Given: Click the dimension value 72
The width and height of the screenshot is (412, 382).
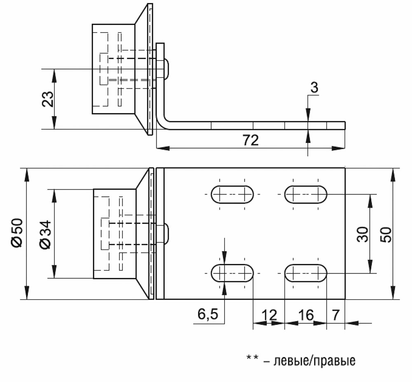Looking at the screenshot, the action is coord(250,140).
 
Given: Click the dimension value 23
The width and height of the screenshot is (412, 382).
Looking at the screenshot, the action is coord(48,99).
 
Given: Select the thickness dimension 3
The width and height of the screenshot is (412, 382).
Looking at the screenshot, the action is coord(314,87).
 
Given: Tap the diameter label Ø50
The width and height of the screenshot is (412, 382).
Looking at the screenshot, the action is coord(17,233).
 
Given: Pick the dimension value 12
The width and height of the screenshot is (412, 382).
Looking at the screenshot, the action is coord(269,315).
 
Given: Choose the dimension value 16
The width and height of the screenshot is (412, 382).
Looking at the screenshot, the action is coord(306,315).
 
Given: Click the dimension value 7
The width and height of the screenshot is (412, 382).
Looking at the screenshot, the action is coord(336,315).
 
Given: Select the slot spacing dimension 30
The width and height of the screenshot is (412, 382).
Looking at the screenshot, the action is coord(363,234).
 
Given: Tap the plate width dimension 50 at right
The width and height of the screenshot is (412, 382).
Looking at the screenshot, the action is coord(386,234).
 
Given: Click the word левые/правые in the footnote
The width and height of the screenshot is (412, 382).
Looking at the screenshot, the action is coord(314,361).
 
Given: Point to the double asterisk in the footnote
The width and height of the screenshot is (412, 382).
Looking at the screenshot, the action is coord(252,358).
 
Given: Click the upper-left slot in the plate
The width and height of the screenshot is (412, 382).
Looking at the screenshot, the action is coord(232,195).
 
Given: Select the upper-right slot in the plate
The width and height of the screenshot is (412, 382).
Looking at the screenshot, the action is coord(306,195).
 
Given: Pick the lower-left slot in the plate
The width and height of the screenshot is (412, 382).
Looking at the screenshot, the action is coord(232,273).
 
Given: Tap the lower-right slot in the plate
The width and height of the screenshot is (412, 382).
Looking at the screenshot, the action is coord(306,273).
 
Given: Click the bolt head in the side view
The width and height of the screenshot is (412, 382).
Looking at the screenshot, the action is coord(166,69).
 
